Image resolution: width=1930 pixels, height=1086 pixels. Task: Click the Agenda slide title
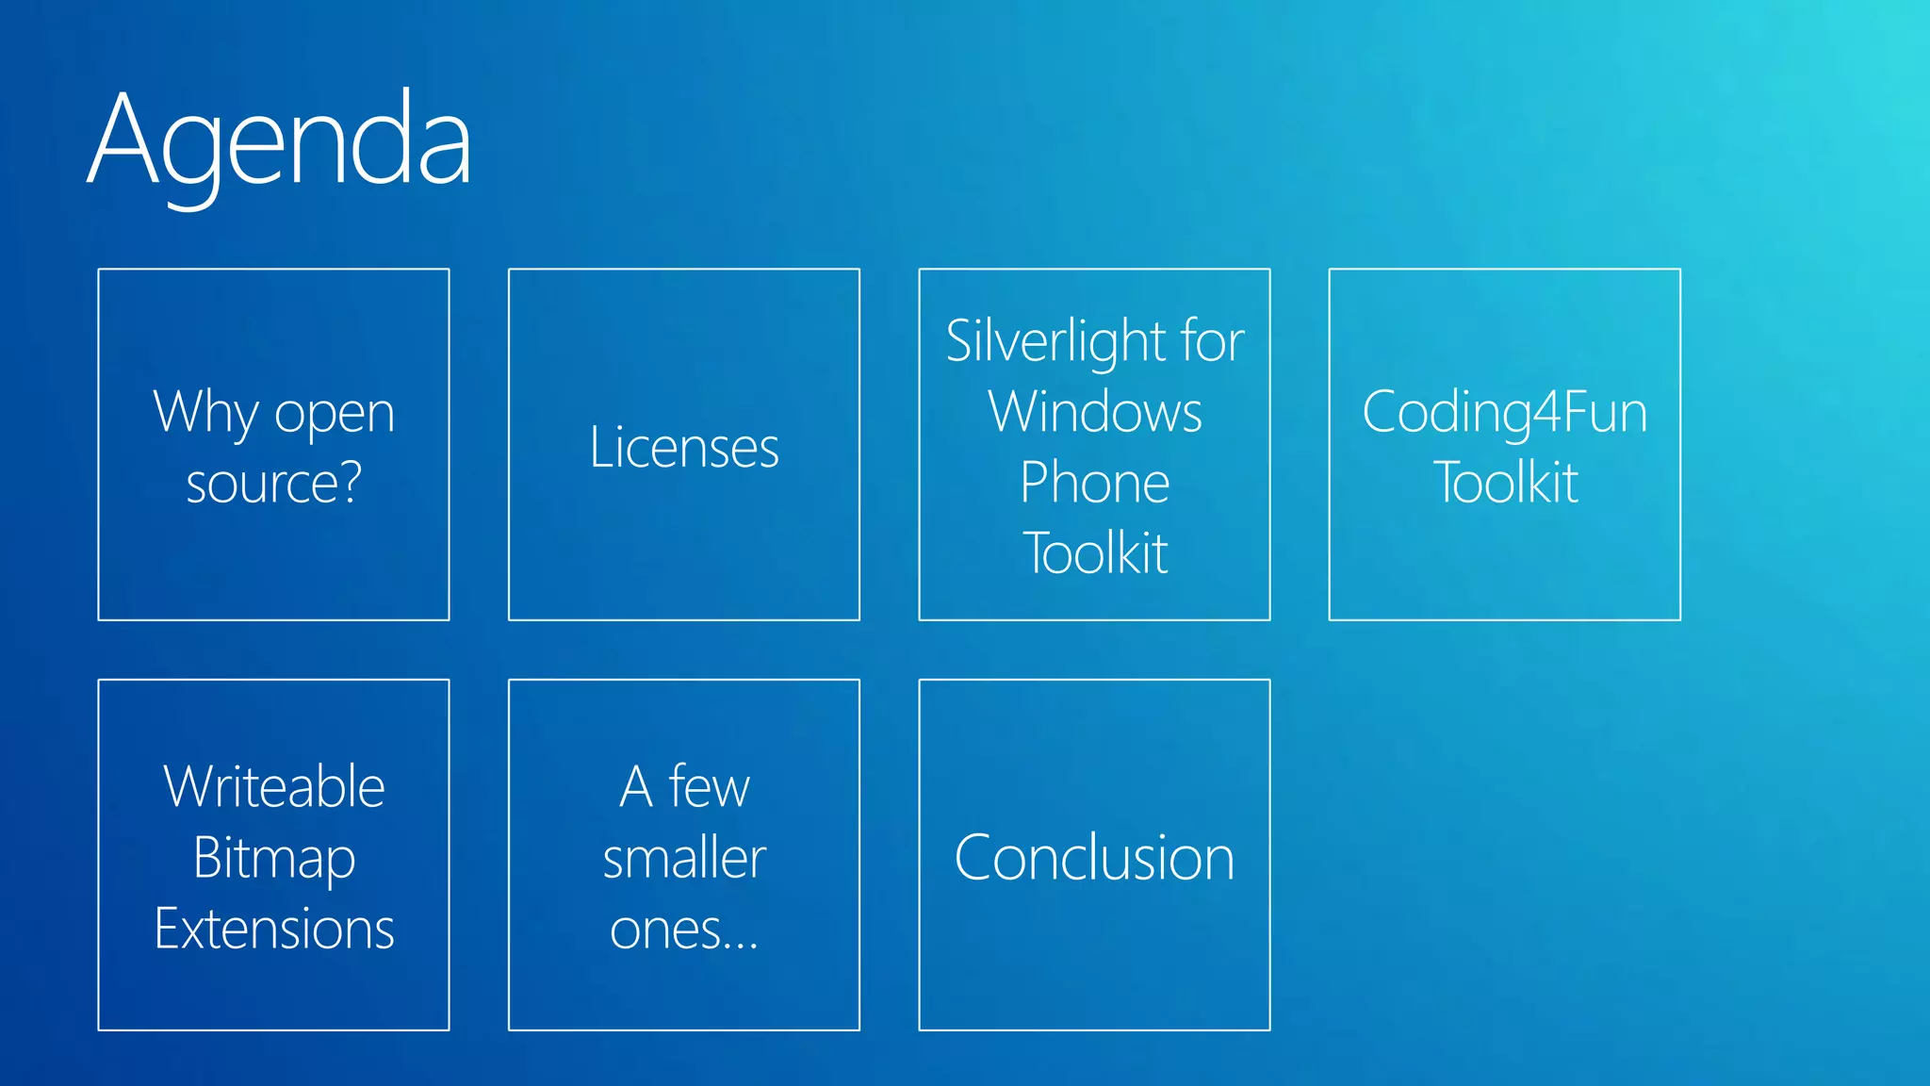[280, 141]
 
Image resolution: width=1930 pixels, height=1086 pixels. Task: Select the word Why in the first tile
[205, 413]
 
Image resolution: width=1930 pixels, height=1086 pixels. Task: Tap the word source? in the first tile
[273, 484]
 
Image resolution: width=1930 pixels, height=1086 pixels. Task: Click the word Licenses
[684, 447]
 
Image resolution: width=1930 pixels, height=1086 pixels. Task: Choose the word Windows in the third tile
[1095, 412]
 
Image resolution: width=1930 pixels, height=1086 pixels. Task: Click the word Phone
[1095, 483]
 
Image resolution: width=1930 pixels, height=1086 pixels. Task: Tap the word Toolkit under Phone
[1095, 553]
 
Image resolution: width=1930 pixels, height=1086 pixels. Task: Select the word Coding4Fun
[1504, 413]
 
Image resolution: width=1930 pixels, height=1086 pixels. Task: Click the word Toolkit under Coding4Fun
[1505, 483]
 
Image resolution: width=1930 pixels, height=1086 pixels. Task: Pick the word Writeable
[273, 786]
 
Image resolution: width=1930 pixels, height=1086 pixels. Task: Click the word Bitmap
[273, 859]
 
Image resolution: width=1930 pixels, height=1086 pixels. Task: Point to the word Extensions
[273, 929]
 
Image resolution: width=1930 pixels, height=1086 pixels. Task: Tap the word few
[709, 786]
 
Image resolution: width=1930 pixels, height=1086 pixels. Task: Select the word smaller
[684, 858]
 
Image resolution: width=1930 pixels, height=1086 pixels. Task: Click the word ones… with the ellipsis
[684, 930]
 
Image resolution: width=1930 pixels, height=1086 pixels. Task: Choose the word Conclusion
[1094, 858]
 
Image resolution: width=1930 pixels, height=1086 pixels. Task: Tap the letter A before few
[636, 787]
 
